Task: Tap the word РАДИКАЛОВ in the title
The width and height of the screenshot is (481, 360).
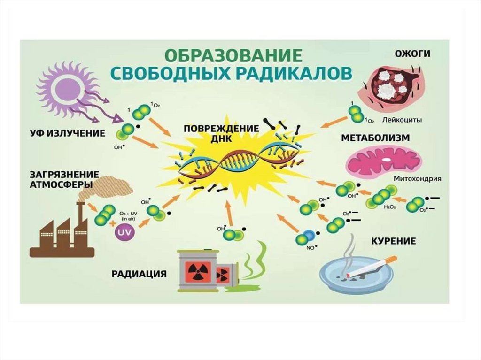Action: (x=290, y=74)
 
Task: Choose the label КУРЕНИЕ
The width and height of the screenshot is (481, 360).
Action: (x=393, y=241)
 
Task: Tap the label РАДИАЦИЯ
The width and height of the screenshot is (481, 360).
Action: (x=139, y=273)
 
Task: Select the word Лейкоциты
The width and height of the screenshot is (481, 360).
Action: (x=401, y=120)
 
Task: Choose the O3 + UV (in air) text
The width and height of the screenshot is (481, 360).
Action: (x=128, y=216)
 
